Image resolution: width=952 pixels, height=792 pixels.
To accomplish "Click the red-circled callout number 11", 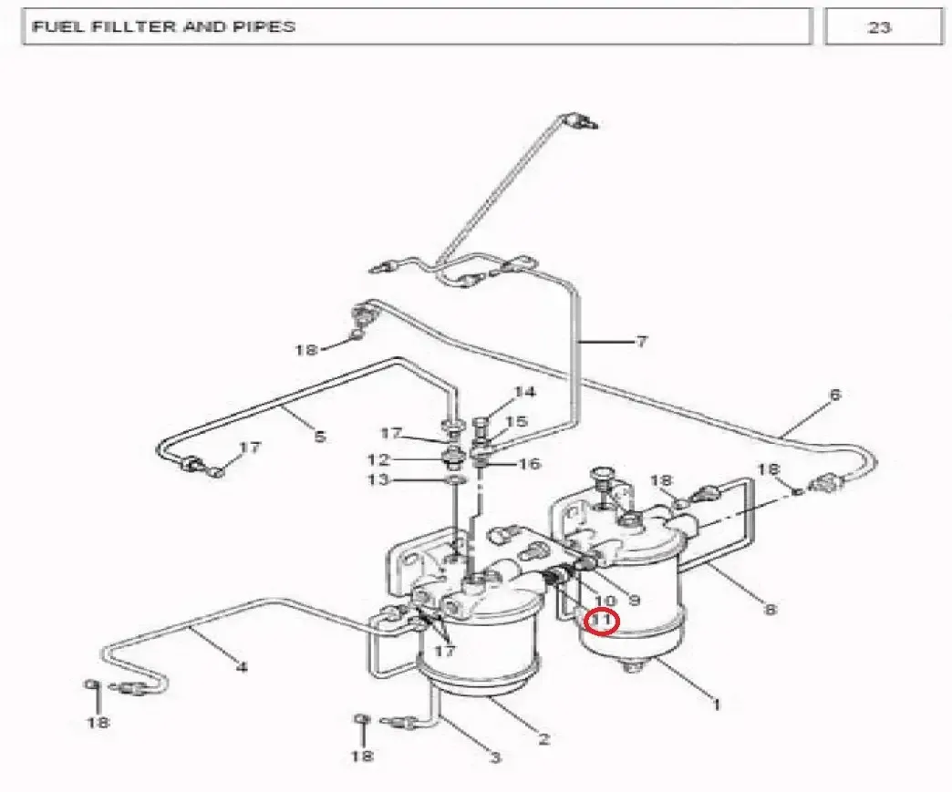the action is (601, 621).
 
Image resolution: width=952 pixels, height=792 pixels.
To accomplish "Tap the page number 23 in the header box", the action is (879, 27).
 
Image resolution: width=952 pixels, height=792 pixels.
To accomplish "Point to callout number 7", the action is (641, 342).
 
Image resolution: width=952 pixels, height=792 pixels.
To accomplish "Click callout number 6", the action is (834, 396).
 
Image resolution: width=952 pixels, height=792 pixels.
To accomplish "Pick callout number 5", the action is (320, 436).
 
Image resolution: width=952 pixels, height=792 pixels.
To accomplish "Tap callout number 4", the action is (242, 667).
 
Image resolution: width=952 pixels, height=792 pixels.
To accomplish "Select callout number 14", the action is (525, 392).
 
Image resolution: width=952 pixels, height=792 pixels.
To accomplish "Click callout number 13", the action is (378, 480).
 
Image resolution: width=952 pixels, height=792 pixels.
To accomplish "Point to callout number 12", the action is (378, 459).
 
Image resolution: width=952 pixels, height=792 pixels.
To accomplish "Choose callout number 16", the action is (530, 464).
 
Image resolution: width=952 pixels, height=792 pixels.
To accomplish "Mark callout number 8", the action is (770, 608).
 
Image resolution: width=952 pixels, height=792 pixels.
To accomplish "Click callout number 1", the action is (717, 705).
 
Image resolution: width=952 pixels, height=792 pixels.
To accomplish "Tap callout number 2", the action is (543, 738).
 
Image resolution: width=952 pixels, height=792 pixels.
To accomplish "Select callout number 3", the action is (495, 757).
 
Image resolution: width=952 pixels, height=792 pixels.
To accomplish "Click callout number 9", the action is (634, 601).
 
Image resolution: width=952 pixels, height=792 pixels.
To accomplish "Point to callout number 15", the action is (517, 421).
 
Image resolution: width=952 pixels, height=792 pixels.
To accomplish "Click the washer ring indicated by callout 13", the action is (457, 481).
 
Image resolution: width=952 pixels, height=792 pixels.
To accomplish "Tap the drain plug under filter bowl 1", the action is (634, 666).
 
